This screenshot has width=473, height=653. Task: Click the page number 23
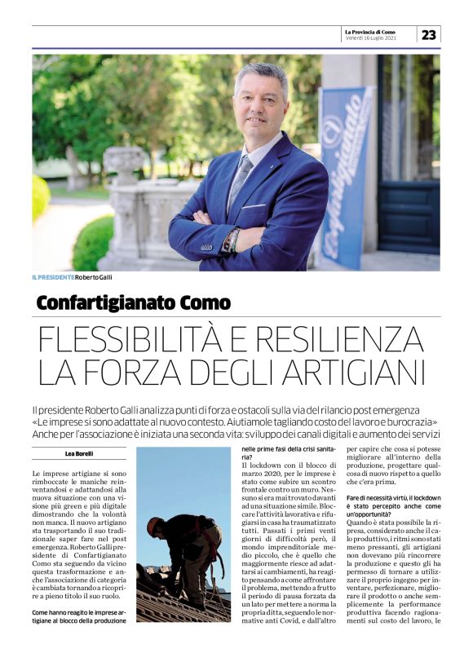pyautogui.click(x=429, y=34)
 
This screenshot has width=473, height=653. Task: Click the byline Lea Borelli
pyautogui.click(x=79, y=453)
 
